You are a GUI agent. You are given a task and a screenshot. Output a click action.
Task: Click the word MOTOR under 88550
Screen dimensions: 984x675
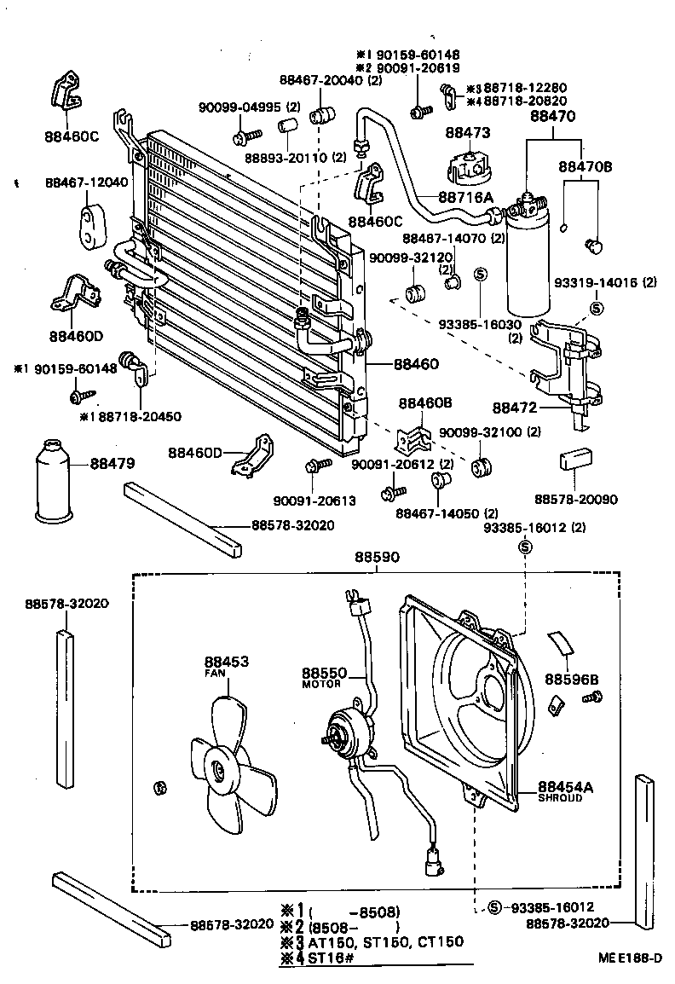pos(321,684)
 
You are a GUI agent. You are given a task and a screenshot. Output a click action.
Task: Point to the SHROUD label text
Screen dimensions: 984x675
pos(560,798)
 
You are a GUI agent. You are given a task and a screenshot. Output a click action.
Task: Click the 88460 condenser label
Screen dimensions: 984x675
pos(416,364)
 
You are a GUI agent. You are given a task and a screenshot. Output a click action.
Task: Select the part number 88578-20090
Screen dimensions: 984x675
pos(576,500)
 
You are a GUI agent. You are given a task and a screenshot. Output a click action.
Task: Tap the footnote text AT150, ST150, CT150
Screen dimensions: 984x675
pos(387,941)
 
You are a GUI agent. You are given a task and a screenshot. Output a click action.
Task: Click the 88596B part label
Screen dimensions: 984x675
pos(572,680)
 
